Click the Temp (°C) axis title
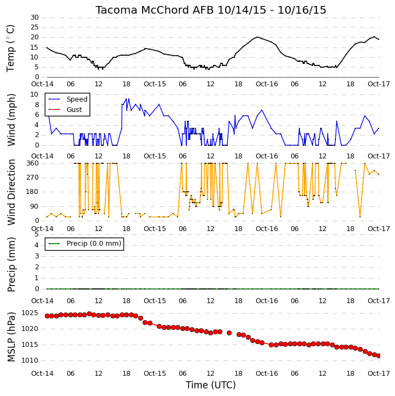click(x=10, y=48)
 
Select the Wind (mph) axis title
click(x=11, y=120)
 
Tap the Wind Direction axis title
click(x=11, y=192)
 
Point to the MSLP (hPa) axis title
click(x=11, y=337)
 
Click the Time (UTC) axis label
click(x=211, y=385)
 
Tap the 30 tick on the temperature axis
click(x=34, y=17)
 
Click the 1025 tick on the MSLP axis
click(x=30, y=313)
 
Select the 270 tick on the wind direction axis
click(x=33, y=178)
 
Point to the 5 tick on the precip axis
click(x=37, y=234)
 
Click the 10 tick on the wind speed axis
click(x=34, y=94)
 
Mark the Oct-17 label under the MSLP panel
click(x=379, y=374)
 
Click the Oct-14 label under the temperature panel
click(x=42, y=84)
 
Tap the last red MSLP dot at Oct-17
click(x=379, y=356)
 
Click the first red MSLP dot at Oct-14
click(x=47, y=316)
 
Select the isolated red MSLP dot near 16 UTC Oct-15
click(x=229, y=333)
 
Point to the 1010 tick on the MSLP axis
click(x=30, y=360)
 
